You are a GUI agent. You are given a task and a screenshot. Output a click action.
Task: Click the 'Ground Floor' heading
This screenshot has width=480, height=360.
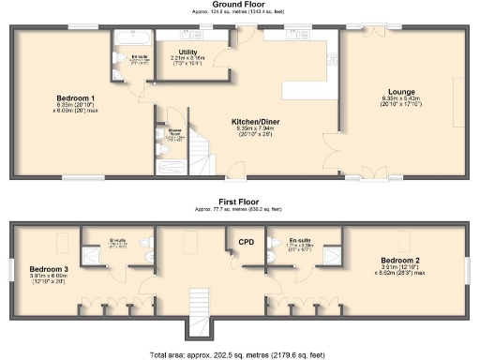click(x=240, y=5)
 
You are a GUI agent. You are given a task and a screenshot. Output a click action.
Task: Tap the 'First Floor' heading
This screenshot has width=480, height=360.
click(x=240, y=201)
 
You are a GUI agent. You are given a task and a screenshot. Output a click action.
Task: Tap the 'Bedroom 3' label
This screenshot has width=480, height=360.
click(x=46, y=269)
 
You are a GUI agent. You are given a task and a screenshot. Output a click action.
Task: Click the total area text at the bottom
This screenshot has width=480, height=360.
click(x=240, y=354)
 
